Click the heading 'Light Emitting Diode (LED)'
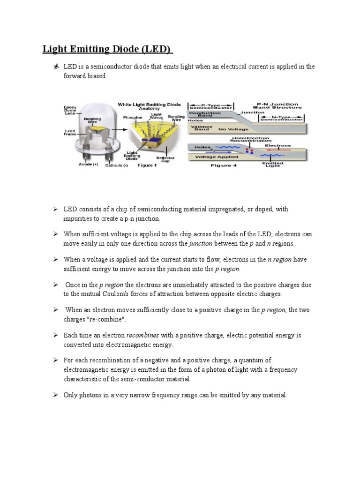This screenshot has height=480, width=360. click(x=107, y=49)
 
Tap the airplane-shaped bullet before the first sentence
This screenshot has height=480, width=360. click(x=56, y=67)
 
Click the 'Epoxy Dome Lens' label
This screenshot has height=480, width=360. click(x=70, y=111)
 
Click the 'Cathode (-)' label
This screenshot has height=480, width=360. click(x=116, y=165)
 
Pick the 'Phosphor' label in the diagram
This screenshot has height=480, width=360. click(x=133, y=118)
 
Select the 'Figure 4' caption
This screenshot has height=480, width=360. click(x=222, y=165)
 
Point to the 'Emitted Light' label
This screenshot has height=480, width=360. click(x=272, y=164)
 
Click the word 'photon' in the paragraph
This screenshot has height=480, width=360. click(x=210, y=370)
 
